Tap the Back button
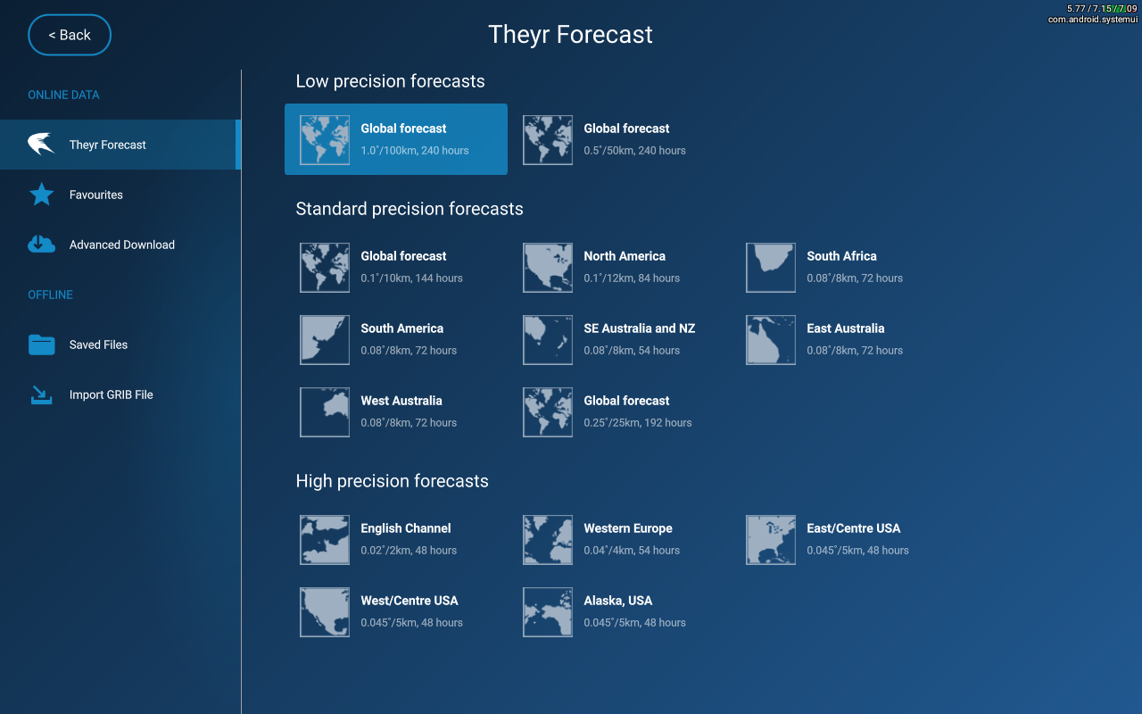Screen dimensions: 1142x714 pos(70,35)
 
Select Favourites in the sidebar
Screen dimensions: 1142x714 pos(95,195)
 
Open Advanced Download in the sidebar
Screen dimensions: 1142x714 pos(122,245)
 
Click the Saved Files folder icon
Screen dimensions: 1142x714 pos(41,345)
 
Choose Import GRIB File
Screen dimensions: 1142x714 pos(112,394)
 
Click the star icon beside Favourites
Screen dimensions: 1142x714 pos(41,195)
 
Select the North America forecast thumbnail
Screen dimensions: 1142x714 pos(548,268)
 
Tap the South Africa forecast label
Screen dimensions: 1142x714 pos(841,256)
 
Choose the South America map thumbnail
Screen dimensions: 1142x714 pos(325,340)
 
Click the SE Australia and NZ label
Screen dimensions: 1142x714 pos(640,328)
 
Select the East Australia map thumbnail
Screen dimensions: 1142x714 pos(770,340)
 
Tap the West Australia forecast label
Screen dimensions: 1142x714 pos(401,401)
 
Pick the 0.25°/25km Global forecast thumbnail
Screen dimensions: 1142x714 pos(548,412)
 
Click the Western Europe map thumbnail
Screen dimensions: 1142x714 pos(548,540)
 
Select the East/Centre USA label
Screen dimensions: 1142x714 pos(854,528)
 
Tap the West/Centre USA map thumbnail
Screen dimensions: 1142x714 pos(325,612)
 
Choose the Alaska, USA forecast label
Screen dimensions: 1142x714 pos(618,601)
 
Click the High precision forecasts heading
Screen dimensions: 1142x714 pos(392,481)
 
